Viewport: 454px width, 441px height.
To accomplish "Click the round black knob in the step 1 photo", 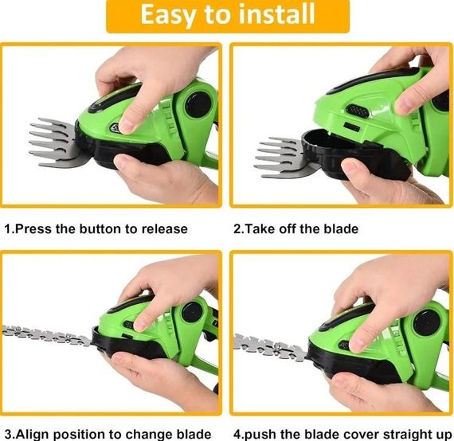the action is click(198, 104).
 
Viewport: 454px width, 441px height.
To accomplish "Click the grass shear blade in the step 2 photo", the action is click(282, 157).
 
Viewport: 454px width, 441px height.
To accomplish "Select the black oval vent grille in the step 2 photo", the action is click(358, 111).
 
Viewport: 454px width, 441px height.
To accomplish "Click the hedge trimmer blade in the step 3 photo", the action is click(47, 335).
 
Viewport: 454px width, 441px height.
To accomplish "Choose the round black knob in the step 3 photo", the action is click(192, 312).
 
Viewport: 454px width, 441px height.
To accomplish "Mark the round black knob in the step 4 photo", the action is click(427, 322).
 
